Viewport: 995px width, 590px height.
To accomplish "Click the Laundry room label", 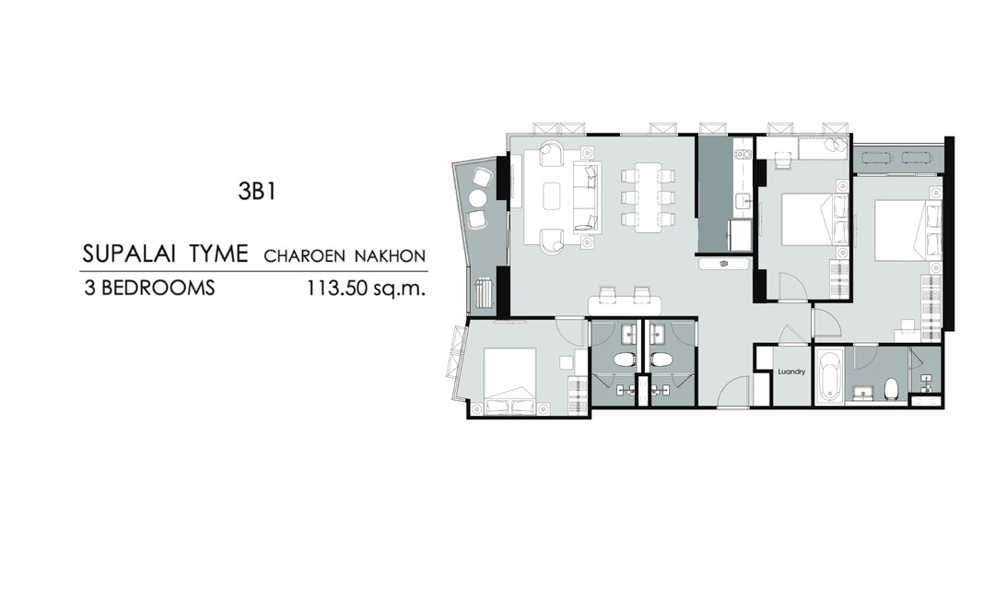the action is (x=791, y=372).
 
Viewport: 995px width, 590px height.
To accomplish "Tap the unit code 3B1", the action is (x=257, y=191).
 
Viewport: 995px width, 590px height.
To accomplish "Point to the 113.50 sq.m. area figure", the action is (x=366, y=289).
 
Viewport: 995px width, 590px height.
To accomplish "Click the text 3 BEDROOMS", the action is (x=150, y=289).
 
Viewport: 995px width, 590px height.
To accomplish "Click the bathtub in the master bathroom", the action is (x=829, y=377).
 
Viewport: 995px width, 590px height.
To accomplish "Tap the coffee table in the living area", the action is (x=552, y=195).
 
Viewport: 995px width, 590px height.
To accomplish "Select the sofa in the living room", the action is (x=586, y=197).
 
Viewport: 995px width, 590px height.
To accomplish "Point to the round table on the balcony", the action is (x=477, y=199).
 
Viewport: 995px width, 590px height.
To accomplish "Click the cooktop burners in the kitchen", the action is (x=742, y=154).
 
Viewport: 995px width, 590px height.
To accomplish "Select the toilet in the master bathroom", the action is (x=892, y=388).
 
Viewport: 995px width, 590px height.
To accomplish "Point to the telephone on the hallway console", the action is (x=723, y=264).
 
